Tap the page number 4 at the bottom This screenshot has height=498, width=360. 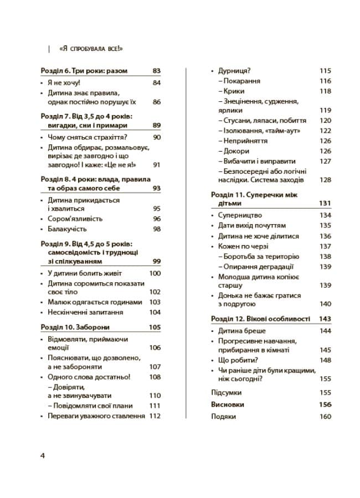[x=42, y=455]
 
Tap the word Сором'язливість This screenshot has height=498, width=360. [x=75, y=219]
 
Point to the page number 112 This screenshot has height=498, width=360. [x=155, y=416]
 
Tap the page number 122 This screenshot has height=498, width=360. [x=325, y=131]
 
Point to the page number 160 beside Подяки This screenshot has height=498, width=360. [x=325, y=417]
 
